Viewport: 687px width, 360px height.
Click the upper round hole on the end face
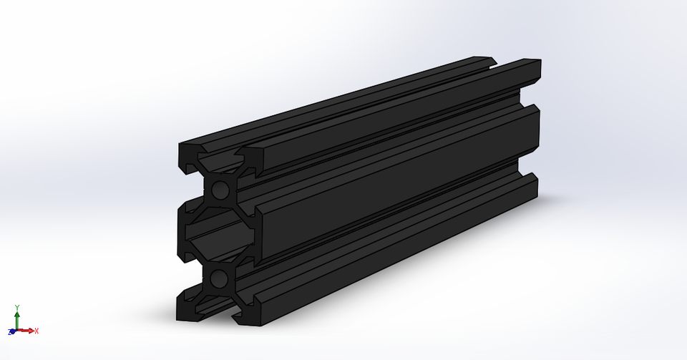[x=220, y=190]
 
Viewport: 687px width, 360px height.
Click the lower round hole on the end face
[x=220, y=277]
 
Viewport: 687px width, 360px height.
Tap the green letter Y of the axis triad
[x=16, y=307]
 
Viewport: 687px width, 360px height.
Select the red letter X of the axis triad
[x=36, y=331]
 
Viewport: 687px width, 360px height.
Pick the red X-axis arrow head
[x=31, y=331]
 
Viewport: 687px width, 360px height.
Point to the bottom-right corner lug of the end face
[x=247, y=315]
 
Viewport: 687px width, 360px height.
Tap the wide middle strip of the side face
[x=394, y=190]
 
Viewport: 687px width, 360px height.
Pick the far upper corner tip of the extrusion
[x=540, y=61]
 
